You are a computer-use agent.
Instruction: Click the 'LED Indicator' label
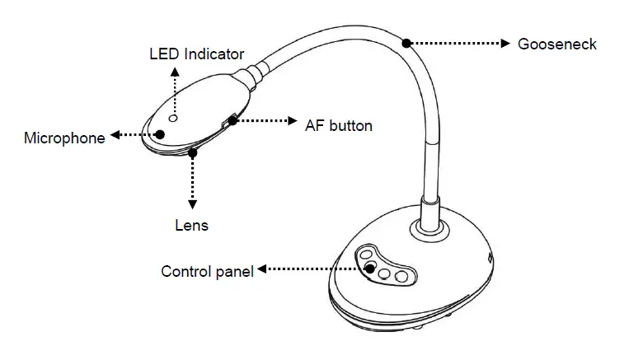196,54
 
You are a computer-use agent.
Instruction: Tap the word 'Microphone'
64,138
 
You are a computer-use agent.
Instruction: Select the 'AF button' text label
338,126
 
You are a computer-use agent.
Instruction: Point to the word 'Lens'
191,224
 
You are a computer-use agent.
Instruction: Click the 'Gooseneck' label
556,44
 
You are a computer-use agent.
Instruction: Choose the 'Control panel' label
207,271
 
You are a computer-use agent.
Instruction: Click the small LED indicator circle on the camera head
173,107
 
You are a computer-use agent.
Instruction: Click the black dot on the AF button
234,121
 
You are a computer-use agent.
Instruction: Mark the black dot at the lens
193,152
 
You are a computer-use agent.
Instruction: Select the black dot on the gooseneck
406,40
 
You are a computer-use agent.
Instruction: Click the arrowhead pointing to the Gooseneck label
505,43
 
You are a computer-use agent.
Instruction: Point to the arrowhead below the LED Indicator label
173,72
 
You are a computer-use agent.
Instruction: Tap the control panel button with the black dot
371,268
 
